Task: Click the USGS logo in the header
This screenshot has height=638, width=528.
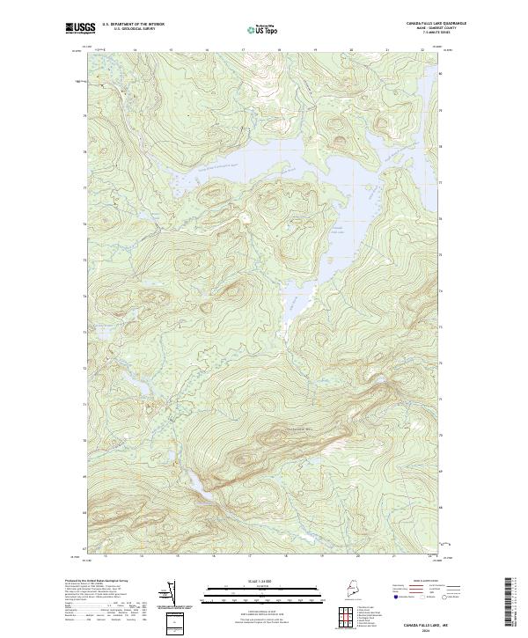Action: tap(80, 28)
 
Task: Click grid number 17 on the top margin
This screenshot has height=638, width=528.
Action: tap(243, 50)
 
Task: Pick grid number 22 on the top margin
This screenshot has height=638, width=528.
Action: tap(423, 50)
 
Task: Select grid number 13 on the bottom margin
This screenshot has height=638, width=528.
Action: tap(105, 555)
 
